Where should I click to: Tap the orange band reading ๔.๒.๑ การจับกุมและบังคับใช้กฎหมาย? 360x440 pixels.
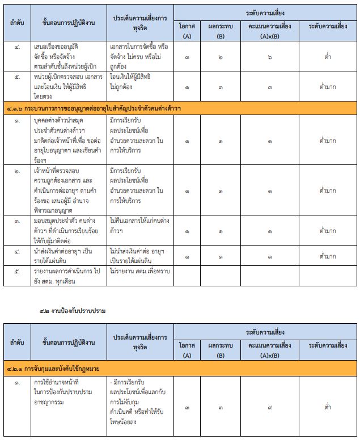(x=54, y=369)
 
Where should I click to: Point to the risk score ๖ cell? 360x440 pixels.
(x=270, y=57)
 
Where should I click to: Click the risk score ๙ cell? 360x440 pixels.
(x=270, y=407)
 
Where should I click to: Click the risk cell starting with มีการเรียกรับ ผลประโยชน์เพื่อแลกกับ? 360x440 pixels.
(x=139, y=405)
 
